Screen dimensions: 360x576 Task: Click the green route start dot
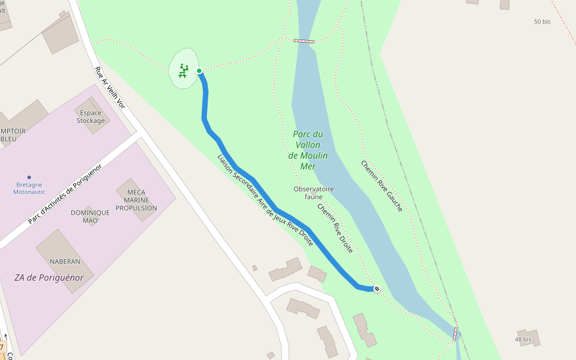click(x=199, y=71)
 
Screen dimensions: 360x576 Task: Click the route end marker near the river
click(x=377, y=289)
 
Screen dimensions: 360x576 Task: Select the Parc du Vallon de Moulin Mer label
click(x=308, y=150)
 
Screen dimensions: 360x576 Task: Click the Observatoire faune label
click(x=313, y=193)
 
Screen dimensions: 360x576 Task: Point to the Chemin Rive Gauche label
click(x=382, y=185)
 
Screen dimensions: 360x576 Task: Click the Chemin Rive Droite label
click(x=335, y=228)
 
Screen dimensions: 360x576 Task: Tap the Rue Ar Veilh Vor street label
click(x=109, y=87)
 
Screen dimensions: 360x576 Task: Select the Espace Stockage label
click(x=91, y=117)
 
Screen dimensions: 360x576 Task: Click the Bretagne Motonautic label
click(x=29, y=188)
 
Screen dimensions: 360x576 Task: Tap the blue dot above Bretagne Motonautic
click(x=29, y=177)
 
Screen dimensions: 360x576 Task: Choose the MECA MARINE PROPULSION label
click(x=136, y=200)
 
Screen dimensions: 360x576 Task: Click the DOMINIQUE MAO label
click(x=90, y=217)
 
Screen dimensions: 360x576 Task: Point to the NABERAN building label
click(x=65, y=262)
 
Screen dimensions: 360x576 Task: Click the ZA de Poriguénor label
click(x=49, y=278)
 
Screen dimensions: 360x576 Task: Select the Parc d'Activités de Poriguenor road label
click(x=65, y=194)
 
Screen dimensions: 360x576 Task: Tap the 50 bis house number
click(x=542, y=22)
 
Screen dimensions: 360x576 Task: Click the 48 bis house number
click(x=523, y=340)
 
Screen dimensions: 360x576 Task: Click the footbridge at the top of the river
click(x=304, y=41)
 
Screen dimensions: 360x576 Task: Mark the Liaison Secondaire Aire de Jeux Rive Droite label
click(x=265, y=200)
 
